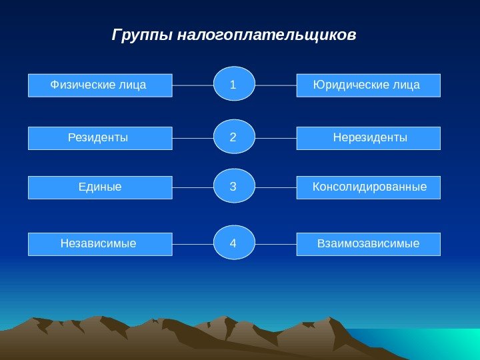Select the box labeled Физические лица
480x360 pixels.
100,85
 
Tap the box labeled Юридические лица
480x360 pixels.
368,85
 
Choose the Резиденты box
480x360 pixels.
100,138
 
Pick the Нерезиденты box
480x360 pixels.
368,138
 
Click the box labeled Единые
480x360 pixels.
100,187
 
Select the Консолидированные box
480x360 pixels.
368,187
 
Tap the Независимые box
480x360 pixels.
100,244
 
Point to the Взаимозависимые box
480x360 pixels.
368,244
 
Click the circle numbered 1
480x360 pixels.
234,84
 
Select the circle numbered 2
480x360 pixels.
234,137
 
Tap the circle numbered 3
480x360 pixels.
234,187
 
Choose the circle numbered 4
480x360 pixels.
234,243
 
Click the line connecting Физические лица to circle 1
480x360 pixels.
193,85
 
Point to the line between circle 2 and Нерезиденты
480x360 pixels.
275,138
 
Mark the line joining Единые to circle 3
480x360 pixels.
193,187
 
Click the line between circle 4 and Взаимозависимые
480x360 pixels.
275,244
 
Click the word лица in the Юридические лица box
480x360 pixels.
407,85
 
